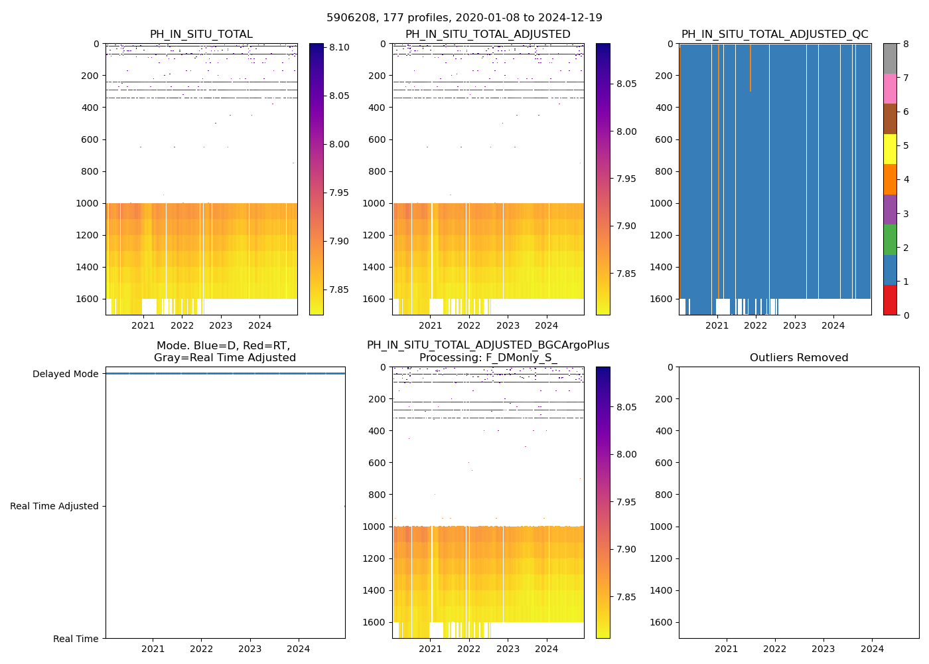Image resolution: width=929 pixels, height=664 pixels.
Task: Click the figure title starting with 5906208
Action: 464,18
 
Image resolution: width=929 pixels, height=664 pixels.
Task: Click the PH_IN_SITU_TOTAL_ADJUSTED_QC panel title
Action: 774,35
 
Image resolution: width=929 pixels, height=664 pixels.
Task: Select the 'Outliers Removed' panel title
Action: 799,358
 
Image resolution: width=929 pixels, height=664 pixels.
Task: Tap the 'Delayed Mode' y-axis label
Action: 65,374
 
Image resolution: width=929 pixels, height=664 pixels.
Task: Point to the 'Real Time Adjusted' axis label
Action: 54,506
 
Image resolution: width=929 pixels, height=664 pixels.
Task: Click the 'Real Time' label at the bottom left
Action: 76,639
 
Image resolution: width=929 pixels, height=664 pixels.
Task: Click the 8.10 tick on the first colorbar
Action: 340,48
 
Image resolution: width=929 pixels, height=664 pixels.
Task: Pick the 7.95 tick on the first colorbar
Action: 340,193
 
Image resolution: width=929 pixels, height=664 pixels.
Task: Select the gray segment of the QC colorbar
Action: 890,58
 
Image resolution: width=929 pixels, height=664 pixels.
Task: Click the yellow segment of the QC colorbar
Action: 890,149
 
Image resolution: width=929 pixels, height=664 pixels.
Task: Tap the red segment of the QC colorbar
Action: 890,300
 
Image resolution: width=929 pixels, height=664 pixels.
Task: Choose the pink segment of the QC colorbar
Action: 890,88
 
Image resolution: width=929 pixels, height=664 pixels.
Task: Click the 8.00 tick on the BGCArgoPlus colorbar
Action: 626,454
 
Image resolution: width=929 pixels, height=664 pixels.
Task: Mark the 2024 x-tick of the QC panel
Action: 833,326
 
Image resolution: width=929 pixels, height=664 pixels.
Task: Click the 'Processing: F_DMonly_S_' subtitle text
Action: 488,358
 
